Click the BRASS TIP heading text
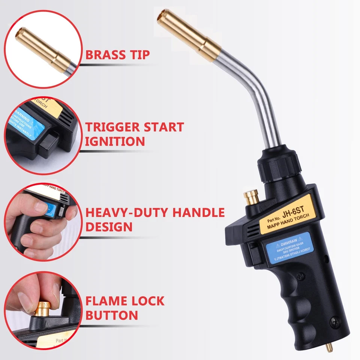pos(117,54)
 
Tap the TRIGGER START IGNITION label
pos(134,134)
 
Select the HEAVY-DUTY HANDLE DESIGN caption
pos(155,220)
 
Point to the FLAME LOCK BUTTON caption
pos(124,307)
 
